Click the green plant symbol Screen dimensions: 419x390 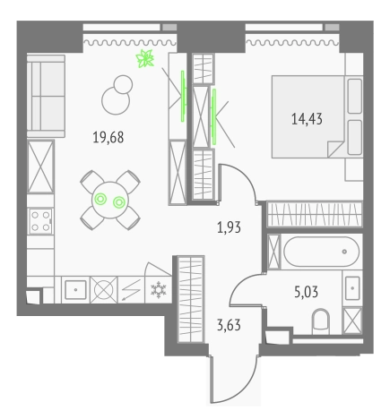pyautogui.click(x=143, y=60)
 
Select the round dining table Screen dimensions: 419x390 pyautogui.click(x=110, y=199)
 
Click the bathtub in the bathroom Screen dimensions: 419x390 pyautogui.click(x=321, y=253)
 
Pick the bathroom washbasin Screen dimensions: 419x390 pyautogui.click(x=352, y=288)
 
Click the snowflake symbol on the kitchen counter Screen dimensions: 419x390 pyautogui.click(x=160, y=290)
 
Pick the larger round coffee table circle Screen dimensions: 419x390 pyautogui.click(x=114, y=101)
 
